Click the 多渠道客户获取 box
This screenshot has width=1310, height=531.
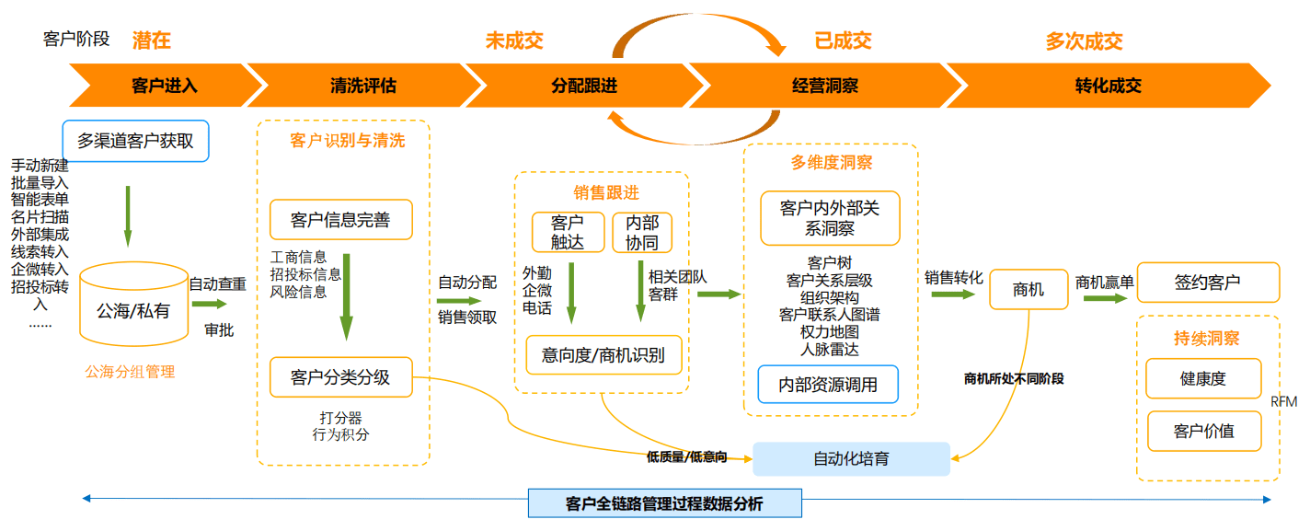(x=135, y=142)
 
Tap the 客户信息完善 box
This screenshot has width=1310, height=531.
(x=340, y=220)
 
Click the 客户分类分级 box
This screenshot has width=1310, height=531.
(x=340, y=377)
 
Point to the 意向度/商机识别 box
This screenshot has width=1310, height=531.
(x=603, y=354)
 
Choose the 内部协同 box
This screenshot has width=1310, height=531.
(x=642, y=232)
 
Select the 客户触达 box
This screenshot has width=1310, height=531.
(x=568, y=232)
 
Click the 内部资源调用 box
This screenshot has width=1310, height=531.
(x=828, y=385)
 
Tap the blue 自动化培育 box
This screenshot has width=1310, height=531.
(x=851, y=458)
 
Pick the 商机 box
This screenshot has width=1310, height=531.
(x=1028, y=289)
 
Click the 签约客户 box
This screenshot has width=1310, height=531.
(x=1208, y=283)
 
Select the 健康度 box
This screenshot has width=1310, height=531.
(x=1203, y=378)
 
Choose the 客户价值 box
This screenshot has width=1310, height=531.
(x=1203, y=431)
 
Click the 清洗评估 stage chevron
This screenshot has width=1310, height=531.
(x=362, y=86)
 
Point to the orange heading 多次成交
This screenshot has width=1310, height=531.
(x=1084, y=41)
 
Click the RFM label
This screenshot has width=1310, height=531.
(x=1283, y=401)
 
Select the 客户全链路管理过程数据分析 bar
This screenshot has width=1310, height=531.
(x=664, y=503)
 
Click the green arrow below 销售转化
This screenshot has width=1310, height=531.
(x=952, y=294)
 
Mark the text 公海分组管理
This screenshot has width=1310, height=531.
(x=130, y=372)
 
